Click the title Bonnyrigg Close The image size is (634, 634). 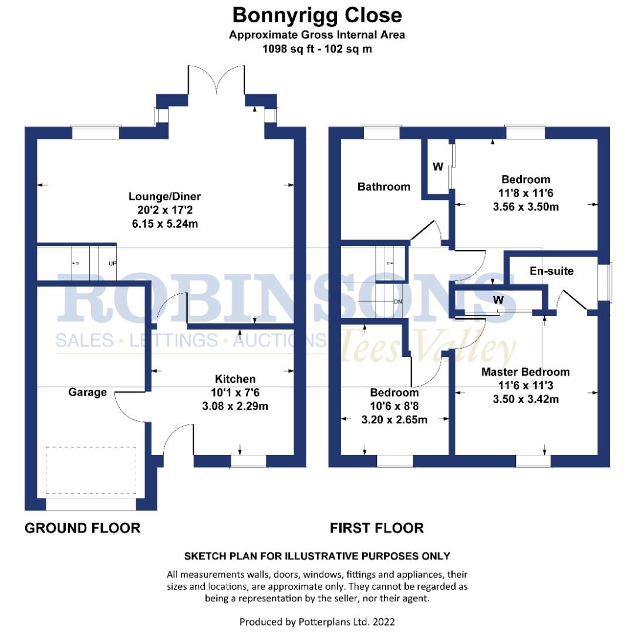click(317, 15)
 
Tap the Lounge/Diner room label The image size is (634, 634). click(165, 197)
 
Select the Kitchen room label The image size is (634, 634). click(235, 379)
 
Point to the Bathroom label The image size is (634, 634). click(384, 187)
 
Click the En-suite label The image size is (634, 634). click(551, 271)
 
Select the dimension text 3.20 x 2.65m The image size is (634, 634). click(394, 420)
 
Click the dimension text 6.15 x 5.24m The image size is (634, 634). click(165, 224)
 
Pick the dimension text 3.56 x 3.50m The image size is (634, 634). click(525, 207)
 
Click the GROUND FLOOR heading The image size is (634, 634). click(82, 528)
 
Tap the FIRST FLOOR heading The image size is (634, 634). click(376, 528)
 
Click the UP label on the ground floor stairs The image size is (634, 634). click(112, 264)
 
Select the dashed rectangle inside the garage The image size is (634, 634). click(90, 470)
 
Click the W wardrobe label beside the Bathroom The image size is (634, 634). click(438, 167)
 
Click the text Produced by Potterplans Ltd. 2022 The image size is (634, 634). click(317, 621)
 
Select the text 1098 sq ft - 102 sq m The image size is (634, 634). click(317, 49)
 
